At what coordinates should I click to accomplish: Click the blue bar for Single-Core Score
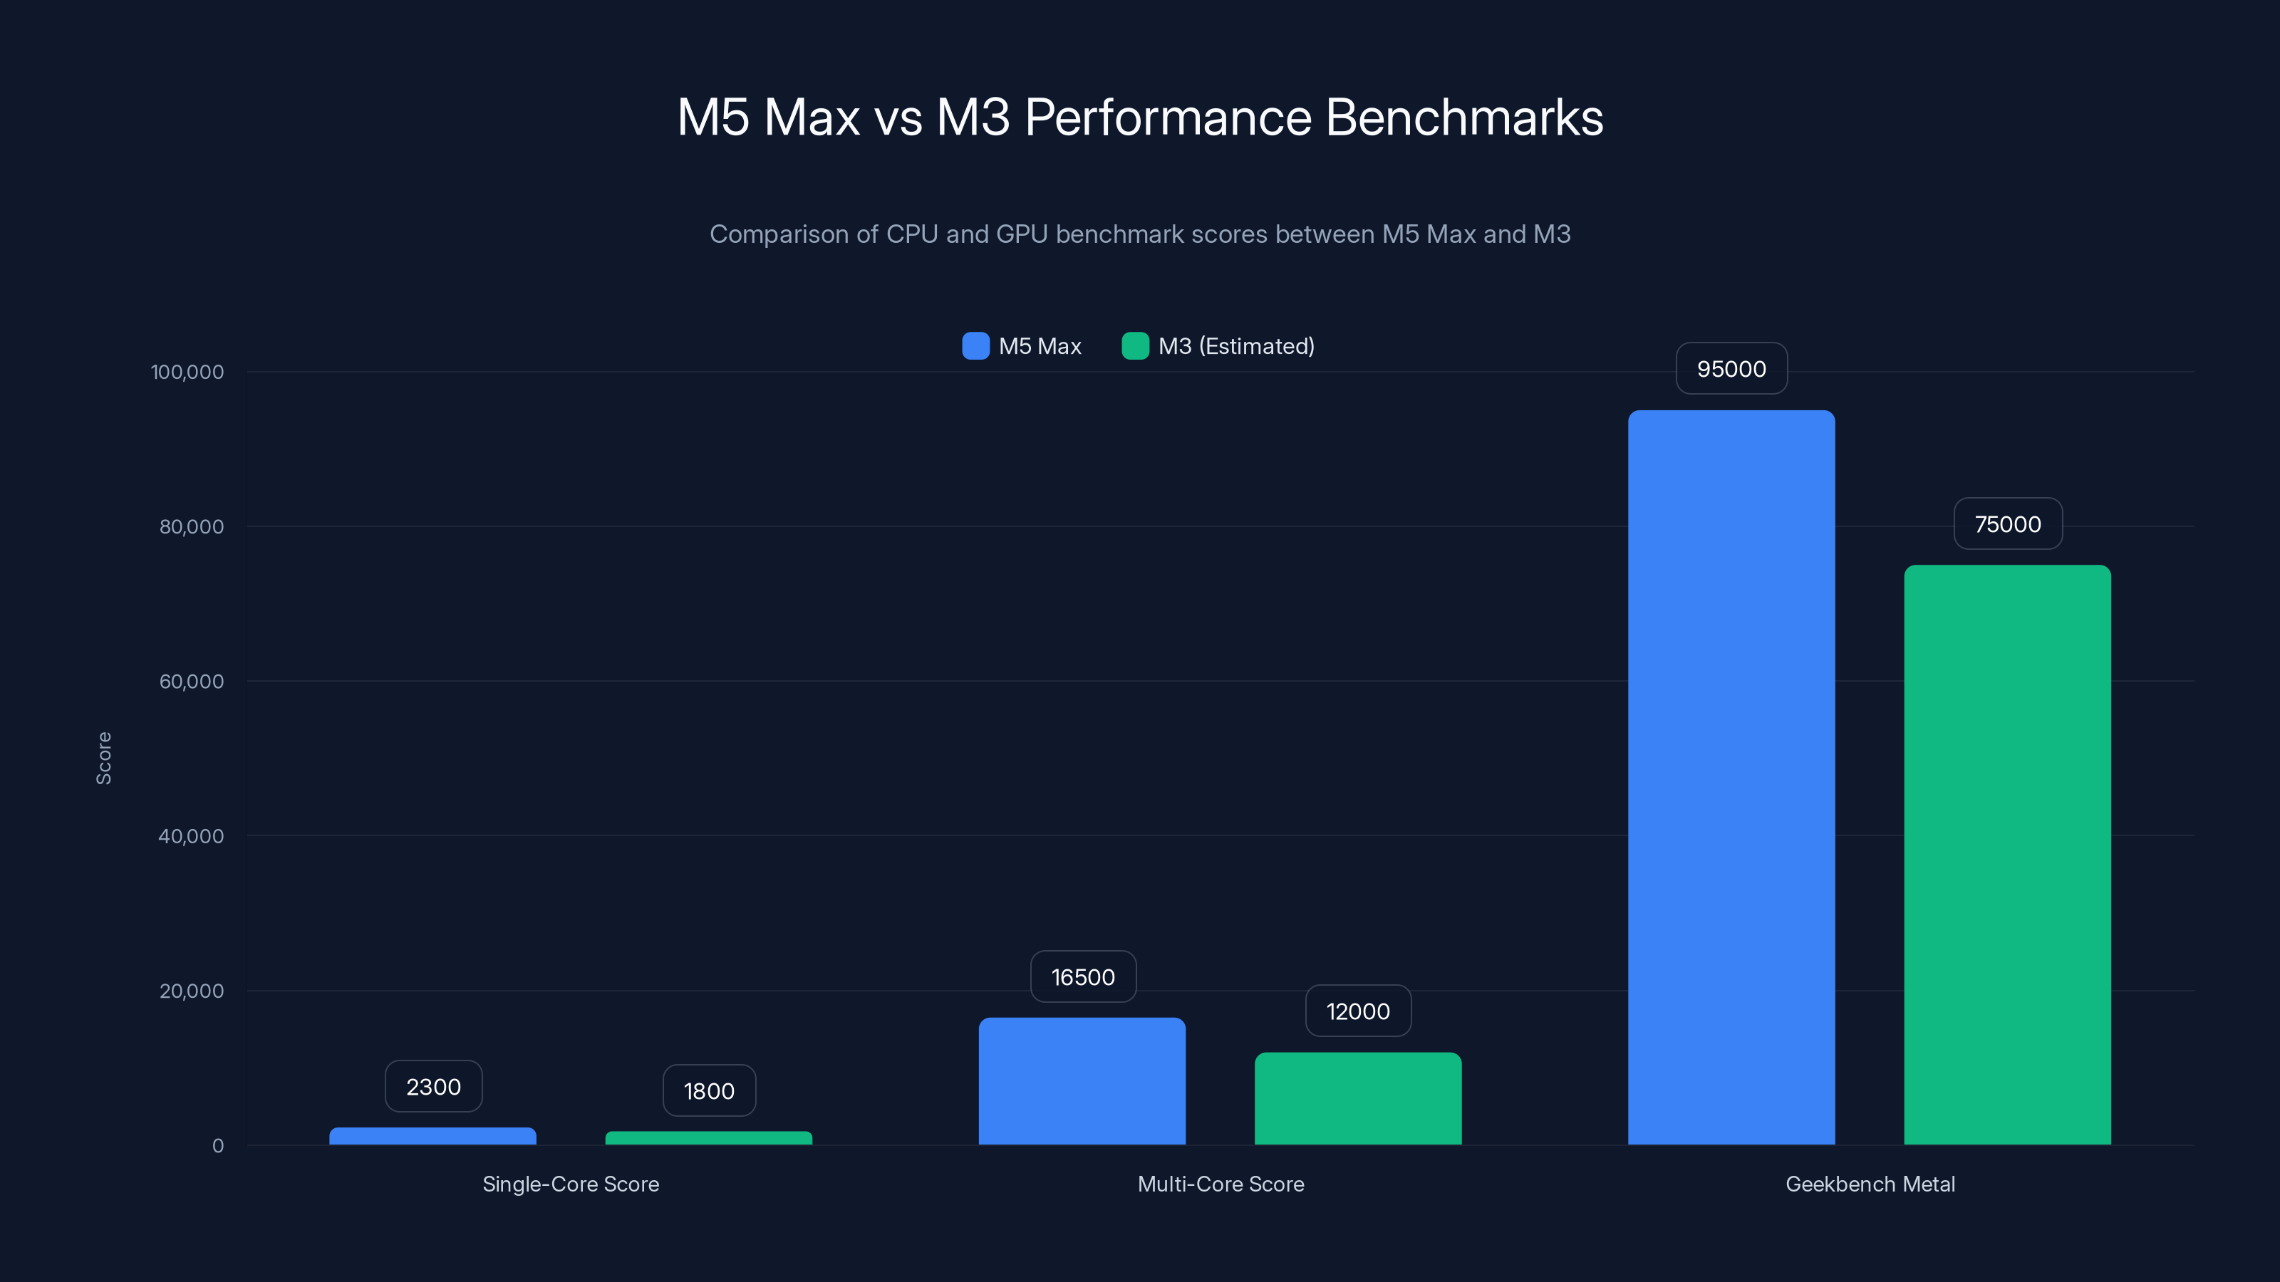click(x=432, y=1136)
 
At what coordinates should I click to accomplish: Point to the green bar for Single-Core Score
click(x=708, y=1138)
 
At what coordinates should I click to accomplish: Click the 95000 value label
click(x=1731, y=369)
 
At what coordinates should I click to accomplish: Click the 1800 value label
click(x=708, y=1091)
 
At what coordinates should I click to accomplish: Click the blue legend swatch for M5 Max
click(x=975, y=346)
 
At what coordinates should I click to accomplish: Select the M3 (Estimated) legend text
click(x=1235, y=346)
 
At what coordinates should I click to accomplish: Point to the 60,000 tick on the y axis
click(x=191, y=682)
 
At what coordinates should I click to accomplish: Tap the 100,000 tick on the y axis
click(x=187, y=372)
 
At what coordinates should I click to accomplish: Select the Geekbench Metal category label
click(x=1870, y=1184)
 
